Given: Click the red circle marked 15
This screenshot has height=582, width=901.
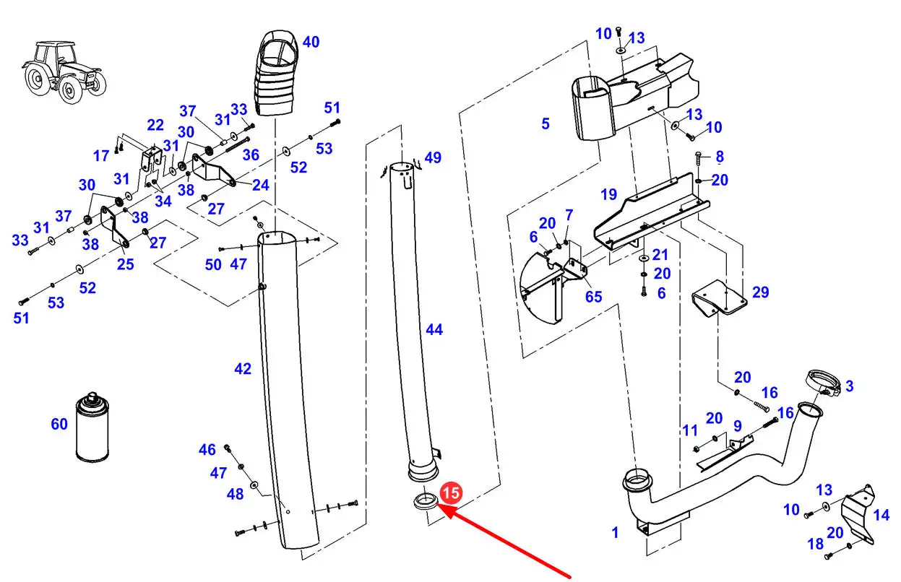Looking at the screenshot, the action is [451, 492].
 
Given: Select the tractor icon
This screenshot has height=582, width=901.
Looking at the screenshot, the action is [64, 73].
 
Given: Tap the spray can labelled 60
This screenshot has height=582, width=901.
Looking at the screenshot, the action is [92, 427].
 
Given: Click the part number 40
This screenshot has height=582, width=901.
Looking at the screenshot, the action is [311, 42].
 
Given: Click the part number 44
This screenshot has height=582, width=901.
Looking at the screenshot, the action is [434, 329].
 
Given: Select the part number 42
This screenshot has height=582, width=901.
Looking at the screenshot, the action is [243, 368].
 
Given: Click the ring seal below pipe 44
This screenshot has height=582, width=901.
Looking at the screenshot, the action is [425, 502].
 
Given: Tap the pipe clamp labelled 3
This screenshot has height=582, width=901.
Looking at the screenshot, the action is [823, 383].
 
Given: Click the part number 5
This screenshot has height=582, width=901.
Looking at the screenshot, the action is [546, 123].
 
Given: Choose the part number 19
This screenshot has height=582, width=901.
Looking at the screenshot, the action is [608, 194].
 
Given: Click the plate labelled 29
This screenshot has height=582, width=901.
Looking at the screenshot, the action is [719, 297].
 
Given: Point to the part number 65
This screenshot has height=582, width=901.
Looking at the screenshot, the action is [594, 297].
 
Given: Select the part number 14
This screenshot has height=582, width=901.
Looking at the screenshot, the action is [881, 515].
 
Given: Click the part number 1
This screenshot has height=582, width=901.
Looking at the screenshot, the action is [615, 533].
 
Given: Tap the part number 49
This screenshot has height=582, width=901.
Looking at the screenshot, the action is [433, 157].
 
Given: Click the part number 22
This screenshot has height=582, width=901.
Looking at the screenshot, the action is [155, 125].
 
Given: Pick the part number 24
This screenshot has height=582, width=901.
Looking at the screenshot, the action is [261, 185].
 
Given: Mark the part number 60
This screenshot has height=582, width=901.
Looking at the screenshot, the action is [59, 424].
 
